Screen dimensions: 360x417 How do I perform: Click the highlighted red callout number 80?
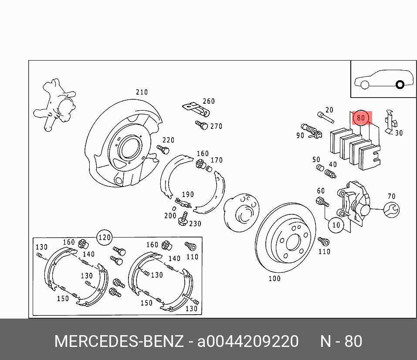[361, 118]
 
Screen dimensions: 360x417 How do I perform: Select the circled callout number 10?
[336, 225]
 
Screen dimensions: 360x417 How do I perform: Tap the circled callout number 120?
[104, 238]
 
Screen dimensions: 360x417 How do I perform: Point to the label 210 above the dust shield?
[142, 92]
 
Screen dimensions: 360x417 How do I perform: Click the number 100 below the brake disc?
[274, 278]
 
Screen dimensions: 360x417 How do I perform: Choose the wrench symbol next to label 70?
[392, 210]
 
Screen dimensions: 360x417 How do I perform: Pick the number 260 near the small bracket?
[209, 101]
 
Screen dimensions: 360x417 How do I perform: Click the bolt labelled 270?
[202, 125]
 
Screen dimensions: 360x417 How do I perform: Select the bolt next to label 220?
[163, 149]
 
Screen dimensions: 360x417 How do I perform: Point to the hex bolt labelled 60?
[321, 202]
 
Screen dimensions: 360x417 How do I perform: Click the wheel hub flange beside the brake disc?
[242, 213]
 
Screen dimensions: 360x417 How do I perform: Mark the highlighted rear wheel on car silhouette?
[400, 85]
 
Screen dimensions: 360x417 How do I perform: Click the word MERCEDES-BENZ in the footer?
[119, 341]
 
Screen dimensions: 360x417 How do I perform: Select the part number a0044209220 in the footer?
[248, 341]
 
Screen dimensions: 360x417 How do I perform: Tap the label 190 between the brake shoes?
[188, 194]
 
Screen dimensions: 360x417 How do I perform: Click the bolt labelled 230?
[184, 219]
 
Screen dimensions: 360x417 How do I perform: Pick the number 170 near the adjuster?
[217, 160]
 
